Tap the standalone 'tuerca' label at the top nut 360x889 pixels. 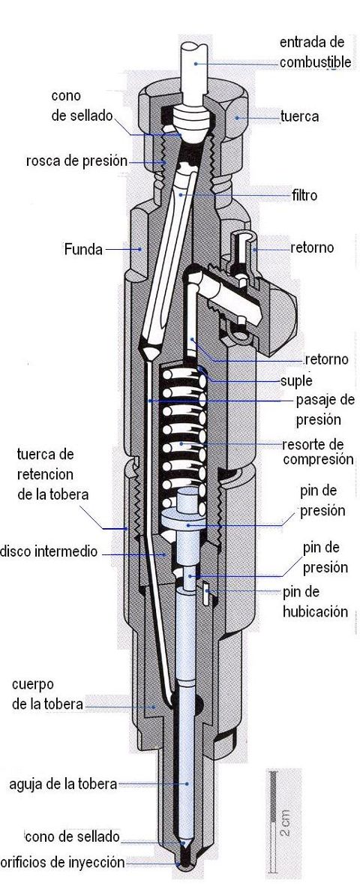click(299, 117)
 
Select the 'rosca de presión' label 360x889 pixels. click(76, 161)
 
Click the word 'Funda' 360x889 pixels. click(83, 249)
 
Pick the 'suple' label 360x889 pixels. click(296, 380)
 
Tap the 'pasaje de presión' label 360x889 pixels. click(325, 410)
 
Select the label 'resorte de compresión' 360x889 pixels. click(317, 452)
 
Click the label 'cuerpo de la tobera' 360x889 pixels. click(46, 695)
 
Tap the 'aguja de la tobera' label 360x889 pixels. click(63, 785)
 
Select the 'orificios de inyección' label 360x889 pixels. click(61, 863)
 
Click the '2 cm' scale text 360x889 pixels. click(286, 823)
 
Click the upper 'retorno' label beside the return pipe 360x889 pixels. click(312, 248)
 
